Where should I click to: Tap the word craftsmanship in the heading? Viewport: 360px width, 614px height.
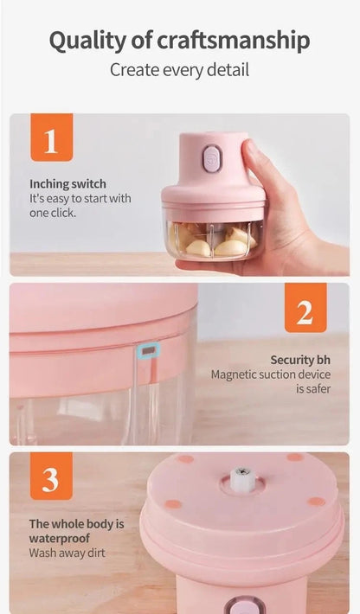[234, 41]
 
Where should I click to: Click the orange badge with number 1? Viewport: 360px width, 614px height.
[52, 138]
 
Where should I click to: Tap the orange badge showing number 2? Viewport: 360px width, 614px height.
[305, 308]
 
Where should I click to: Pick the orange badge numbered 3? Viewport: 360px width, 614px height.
[51, 476]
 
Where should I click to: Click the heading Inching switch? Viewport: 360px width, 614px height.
[67, 184]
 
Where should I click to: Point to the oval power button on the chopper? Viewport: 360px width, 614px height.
[212, 158]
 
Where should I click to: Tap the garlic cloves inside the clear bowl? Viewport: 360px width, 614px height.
[214, 240]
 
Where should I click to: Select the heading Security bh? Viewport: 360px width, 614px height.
[300, 360]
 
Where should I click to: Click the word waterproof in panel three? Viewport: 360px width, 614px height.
[59, 539]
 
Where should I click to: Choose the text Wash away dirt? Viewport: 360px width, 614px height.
[67, 553]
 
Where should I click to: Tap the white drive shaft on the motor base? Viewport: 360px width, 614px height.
[242, 478]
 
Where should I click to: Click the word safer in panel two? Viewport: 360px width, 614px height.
[318, 389]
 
